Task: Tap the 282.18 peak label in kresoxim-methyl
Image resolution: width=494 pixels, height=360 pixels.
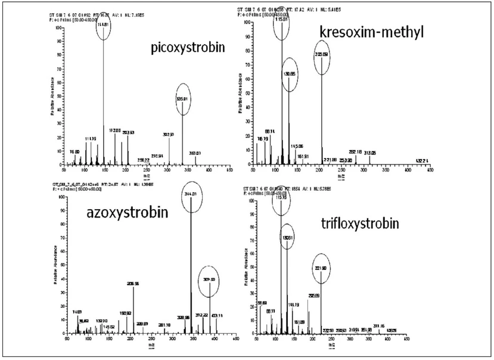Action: tap(356, 151)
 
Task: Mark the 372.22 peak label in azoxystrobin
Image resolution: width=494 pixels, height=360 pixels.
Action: tap(203, 315)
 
